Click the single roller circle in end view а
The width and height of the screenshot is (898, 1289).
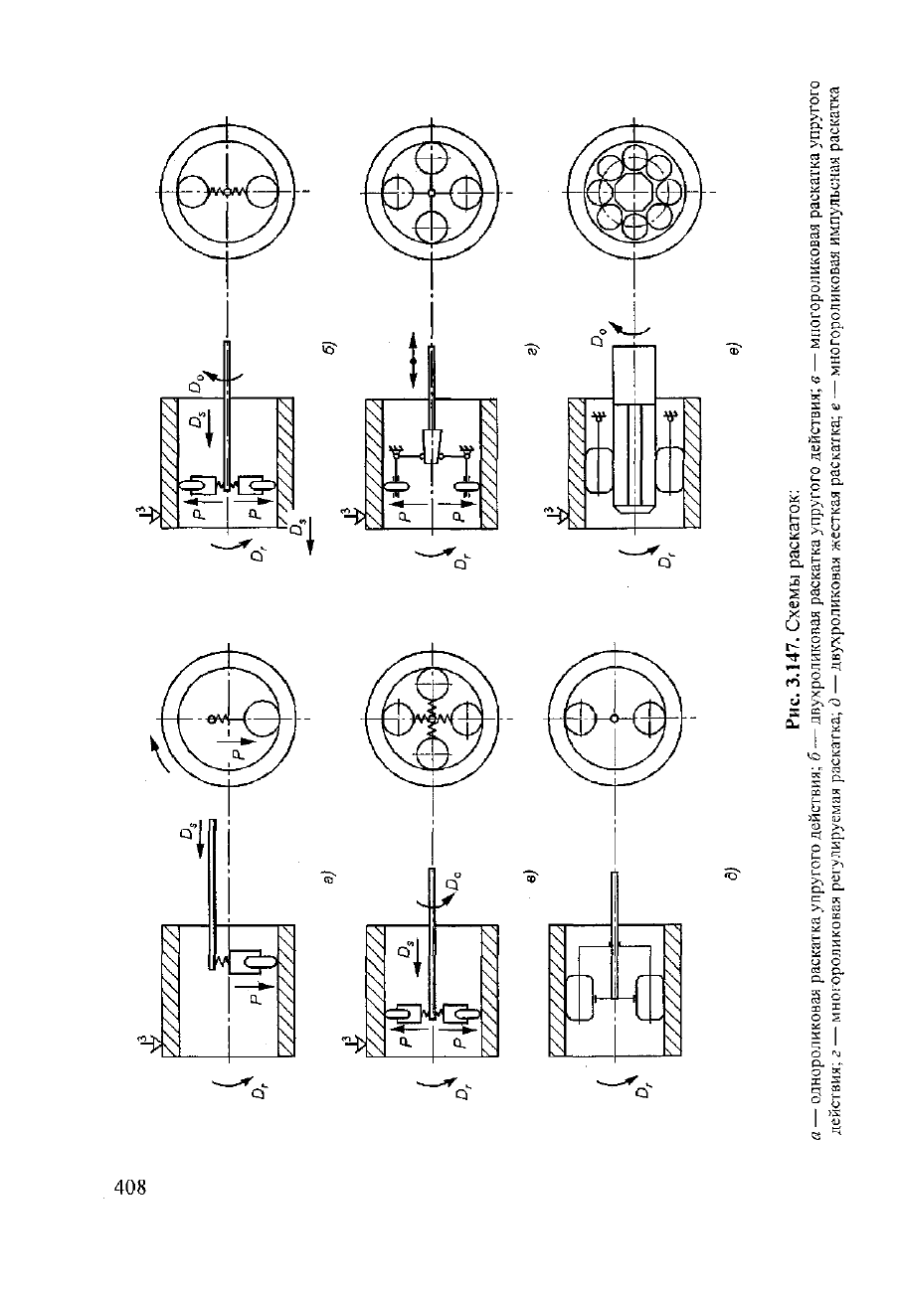263,719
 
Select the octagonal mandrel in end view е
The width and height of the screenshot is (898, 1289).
633,191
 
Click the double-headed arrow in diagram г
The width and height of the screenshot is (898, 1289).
413,359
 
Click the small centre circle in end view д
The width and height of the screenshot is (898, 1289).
615,719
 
